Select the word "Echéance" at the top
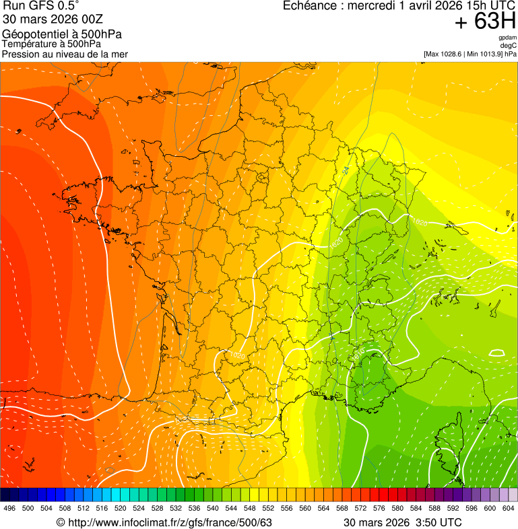(309, 6)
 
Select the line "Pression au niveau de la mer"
(65, 54)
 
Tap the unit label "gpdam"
(507, 38)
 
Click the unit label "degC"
(509, 46)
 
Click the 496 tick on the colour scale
(9, 508)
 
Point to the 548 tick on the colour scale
(249, 508)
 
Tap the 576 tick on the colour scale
(379, 508)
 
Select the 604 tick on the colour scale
(508, 508)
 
